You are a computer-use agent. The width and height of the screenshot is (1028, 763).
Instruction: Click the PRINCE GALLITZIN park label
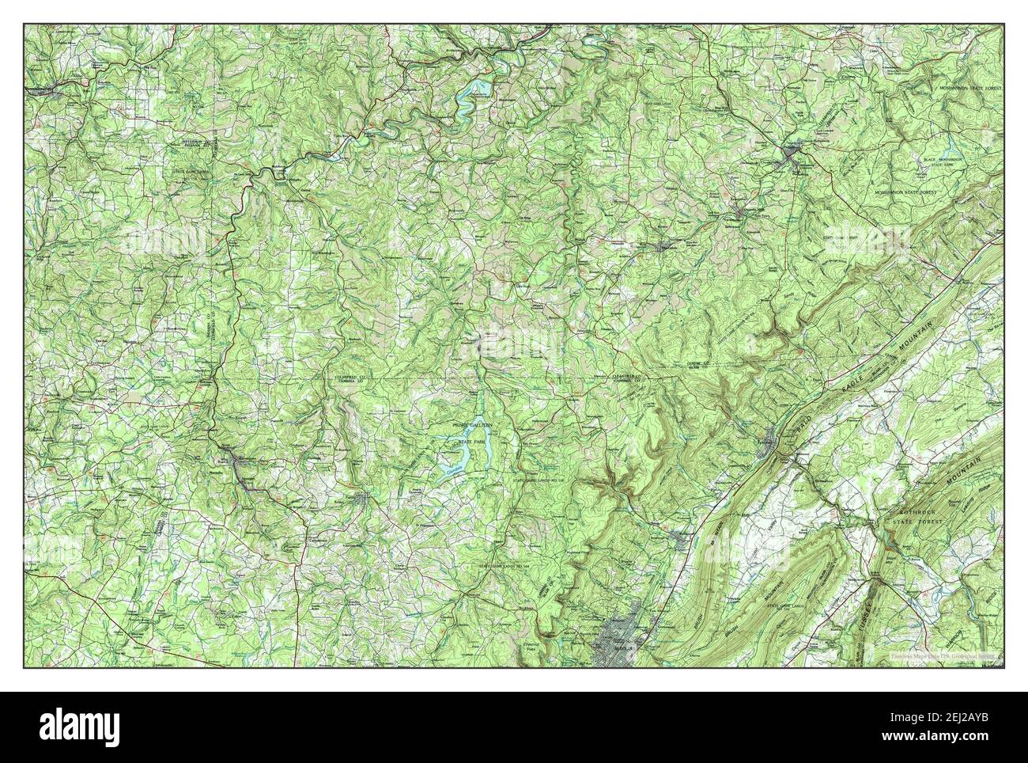[x=471, y=425]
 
